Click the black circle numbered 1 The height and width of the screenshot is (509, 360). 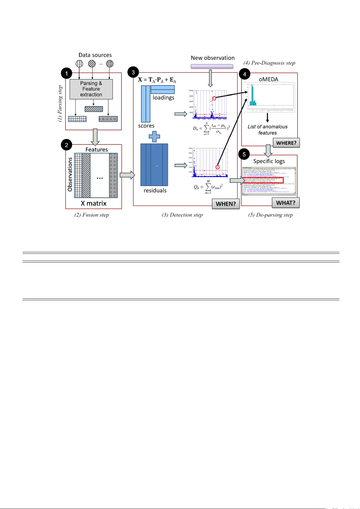[66, 73]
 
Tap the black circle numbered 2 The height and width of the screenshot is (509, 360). [66, 145]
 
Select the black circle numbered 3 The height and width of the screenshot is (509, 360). [133, 72]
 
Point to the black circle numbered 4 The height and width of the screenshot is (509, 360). [244, 74]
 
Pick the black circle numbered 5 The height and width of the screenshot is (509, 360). [244, 154]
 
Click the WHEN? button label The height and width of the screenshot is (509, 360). [226, 204]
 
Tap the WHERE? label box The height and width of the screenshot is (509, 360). [286, 143]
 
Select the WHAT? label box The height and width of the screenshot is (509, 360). [285, 203]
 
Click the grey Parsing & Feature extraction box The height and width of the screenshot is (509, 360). [91, 89]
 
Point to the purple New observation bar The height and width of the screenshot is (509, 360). [212, 66]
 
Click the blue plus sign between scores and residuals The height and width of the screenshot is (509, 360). [154, 137]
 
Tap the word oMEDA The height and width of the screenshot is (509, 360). [268, 79]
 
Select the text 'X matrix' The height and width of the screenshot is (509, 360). [94, 203]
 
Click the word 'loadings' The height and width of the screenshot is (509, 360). [163, 98]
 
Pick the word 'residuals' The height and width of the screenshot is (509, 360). [155, 190]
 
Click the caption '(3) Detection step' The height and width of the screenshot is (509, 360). [182, 215]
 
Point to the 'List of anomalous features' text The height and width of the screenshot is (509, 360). [268, 130]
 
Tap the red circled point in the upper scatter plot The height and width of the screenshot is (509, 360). [214, 98]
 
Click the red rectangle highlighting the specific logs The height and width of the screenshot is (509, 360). [263, 180]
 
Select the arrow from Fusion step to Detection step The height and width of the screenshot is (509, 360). [127, 175]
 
